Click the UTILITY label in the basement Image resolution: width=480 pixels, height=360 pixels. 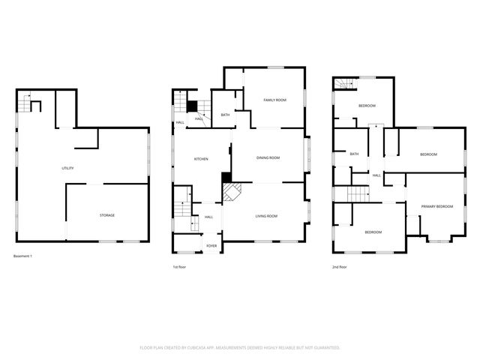coord(67,168)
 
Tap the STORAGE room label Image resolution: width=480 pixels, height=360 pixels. coord(107,215)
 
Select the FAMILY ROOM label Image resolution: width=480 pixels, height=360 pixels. coord(274,100)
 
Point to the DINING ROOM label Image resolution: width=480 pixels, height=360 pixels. coord(268,157)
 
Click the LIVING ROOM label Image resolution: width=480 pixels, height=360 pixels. coord(266,216)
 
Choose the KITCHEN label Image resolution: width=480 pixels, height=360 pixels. coord(201,159)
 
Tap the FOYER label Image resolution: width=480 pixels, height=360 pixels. coord(211,245)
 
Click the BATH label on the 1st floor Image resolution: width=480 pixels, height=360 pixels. coord(225,115)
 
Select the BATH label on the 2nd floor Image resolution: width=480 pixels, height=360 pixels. coord(354,154)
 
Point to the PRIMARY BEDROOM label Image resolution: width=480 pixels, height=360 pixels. coord(436,206)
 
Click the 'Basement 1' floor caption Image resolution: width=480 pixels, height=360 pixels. coord(22,256)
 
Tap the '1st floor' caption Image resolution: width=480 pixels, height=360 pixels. coord(180,267)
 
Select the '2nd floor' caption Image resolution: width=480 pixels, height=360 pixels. coord(340,267)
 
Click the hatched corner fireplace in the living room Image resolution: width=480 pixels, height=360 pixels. coord(232,193)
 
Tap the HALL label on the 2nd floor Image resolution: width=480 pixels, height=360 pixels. coord(376,175)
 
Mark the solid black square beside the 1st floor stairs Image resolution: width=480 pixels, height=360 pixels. coord(191,106)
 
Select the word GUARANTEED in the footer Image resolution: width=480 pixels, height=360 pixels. coord(325,348)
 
